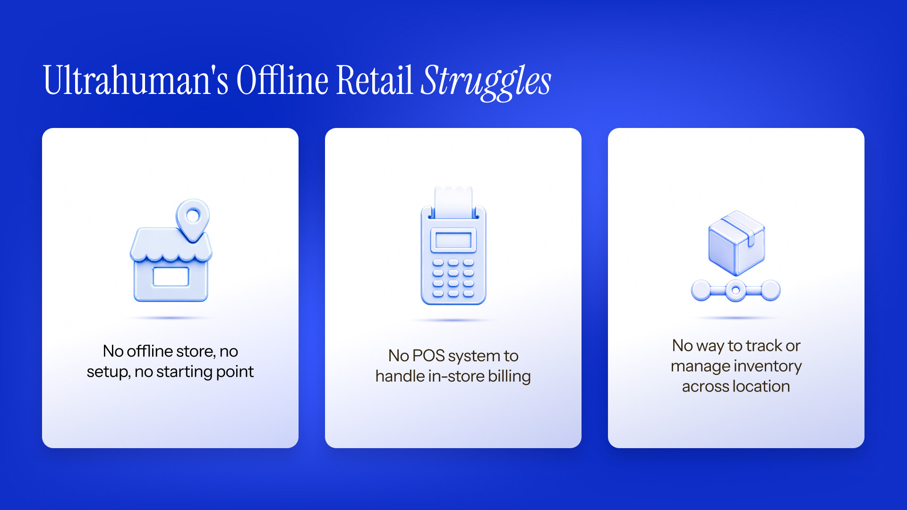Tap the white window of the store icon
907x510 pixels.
coord(171,277)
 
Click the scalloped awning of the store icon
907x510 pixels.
coord(171,245)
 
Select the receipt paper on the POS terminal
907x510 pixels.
coord(453,202)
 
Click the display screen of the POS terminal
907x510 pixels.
coord(453,240)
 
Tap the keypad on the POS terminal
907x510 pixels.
coord(453,278)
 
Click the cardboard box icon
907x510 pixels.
coord(736,243)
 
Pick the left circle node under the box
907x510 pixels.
coord(701,290)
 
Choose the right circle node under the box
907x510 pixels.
coord(770,290)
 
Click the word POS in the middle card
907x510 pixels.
coord(428,356)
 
